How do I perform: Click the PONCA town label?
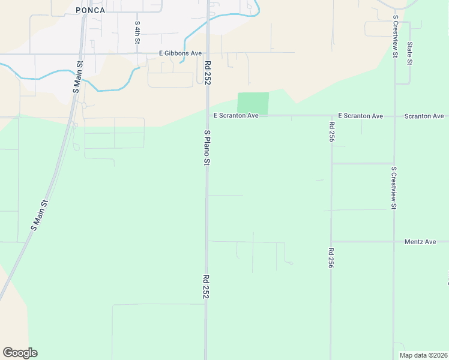91,10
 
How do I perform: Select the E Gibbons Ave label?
180,53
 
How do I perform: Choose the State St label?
409,54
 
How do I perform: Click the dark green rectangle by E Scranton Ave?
253,103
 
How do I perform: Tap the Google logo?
20,353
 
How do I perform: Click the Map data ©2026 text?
423,355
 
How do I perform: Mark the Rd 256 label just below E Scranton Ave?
331,131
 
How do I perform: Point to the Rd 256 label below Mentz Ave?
331,258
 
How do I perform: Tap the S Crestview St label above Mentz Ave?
394,188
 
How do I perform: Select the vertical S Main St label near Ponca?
77,76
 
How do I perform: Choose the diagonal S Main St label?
40,215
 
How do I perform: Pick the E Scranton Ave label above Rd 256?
360,115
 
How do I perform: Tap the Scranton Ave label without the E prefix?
424,116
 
